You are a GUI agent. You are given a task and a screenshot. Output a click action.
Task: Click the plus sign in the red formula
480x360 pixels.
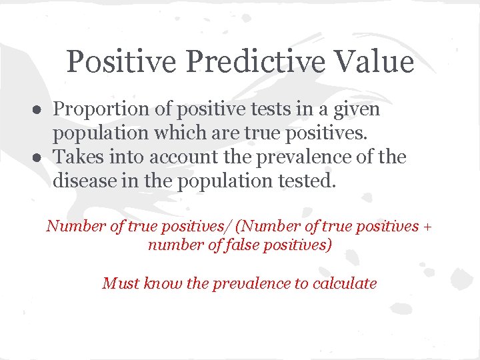[427, 227]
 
